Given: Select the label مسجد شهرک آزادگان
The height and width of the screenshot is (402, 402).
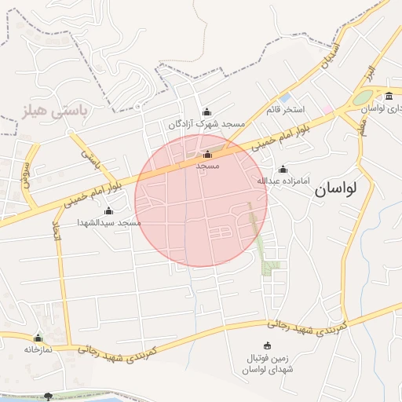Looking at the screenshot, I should pyautogui.click(x=206, y=124).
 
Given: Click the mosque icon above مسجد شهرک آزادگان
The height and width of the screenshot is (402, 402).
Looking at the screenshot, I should pyautogui.click(x=206, y=111).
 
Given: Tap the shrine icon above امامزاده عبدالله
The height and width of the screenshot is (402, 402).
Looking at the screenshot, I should pyautogui.click(x=283, y=170).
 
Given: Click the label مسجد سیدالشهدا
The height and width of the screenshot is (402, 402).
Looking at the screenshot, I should pyautogui.click(x=108, y=223).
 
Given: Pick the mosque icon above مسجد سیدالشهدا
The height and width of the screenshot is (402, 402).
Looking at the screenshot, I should pyautogui.click(x=108, y=210).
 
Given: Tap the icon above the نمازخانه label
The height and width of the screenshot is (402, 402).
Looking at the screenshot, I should pyautogui.click(x=38, y=338).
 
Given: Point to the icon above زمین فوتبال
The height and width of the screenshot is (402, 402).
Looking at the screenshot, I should pyautogui.click(x=267, y=345).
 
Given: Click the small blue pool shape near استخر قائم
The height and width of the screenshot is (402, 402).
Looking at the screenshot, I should pyautogui.click(x=284, y=97).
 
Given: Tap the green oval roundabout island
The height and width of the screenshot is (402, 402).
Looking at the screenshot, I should pyautogui.click(x=363, y=98).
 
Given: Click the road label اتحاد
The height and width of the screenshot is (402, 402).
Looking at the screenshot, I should pyautogui.click(x=56, y=230).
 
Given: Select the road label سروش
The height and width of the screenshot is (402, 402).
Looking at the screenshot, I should pyautogui.click(x=27, y=168).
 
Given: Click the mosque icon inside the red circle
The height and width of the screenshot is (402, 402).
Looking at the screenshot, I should pyautogui.click(x=206, y=155).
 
